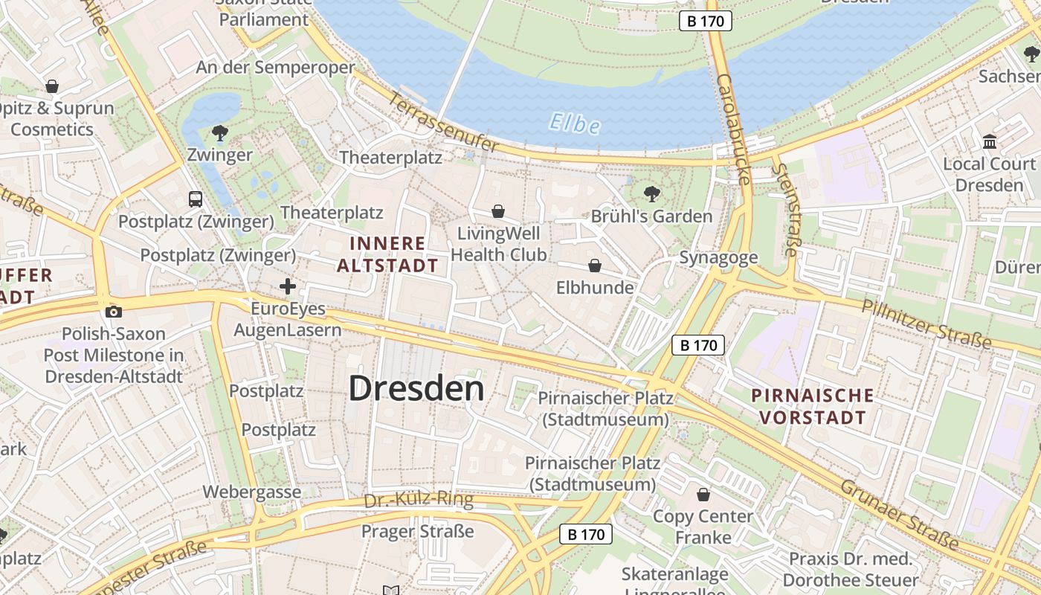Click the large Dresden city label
click(x=416, y=388)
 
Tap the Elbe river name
click(x=575, y=123)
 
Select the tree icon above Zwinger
click(x=219, y=133)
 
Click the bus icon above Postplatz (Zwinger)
click(x=196, y=199)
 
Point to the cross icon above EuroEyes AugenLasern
click(x=288, y=286)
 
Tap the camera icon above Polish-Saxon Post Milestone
click(x=113, y=312)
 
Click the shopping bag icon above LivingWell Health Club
click(x=498, y=212)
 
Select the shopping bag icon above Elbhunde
click(x=595, y=266)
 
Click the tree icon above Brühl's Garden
click(x=652, y=194)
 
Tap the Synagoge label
click(x=718, y=257)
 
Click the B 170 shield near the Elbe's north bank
click(x=705, y=21)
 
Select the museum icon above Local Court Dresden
click(x=990, y=141)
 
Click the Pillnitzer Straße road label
click(x=926, y=325)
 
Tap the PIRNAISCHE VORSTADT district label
click(x=812, y=406)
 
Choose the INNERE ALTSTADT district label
click(x=387, y=254)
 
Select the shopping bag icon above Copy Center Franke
click(x=703, y=495)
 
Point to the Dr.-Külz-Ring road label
click(x=419, y=500)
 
